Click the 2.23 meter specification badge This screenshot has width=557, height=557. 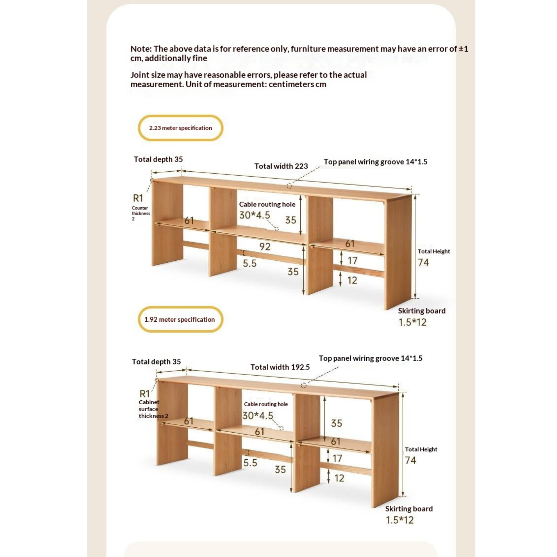(x=181, y=128)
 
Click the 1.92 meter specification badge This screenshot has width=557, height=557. (x=180, y=319)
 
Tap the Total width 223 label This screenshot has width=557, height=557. (x=281, y=166)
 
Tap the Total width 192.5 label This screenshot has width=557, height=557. (x=280, y=367)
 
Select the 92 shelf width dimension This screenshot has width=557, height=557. (x=265, y=247)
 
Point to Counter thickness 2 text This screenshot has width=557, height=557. (x=141, y=213)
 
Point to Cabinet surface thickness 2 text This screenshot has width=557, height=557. (x=153, y=409)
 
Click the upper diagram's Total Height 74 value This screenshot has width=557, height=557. (x=423, y=262)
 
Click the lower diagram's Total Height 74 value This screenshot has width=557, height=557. (x=410, y=460)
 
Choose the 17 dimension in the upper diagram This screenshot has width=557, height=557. (x=352, y=261)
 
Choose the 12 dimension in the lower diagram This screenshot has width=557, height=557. (x=339, y=478)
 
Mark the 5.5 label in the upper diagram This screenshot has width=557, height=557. (x=249, y=263)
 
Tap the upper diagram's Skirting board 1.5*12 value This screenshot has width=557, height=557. (x=412, y=322)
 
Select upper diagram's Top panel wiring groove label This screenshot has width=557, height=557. (x=375, y=162)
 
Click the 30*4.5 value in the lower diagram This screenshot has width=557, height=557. (x=257, y=415)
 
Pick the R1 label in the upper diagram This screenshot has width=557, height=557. (x=138, y=198)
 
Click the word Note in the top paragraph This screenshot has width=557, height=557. (x=141, y=49)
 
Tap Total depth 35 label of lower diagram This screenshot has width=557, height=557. (x=156, y=361)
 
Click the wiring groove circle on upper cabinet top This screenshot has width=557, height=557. (x=289, y=186)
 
